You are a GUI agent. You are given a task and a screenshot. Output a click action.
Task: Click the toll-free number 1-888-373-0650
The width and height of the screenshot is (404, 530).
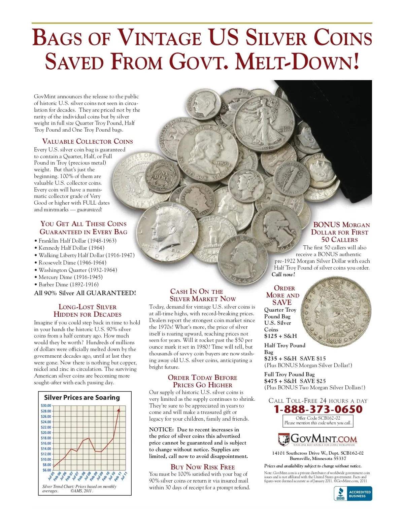point(318,409)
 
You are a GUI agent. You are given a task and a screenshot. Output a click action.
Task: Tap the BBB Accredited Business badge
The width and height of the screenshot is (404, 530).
point(353,494)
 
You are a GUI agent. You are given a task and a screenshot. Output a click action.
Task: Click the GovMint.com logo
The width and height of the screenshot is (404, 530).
point(317,439)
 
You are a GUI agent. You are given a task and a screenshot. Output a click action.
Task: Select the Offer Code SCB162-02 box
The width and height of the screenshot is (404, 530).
point(318,420)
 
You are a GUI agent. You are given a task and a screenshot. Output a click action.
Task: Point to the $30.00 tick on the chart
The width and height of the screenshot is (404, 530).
point(46,405)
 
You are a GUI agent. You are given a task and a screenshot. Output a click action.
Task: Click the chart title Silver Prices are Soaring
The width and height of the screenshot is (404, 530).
point(82,397)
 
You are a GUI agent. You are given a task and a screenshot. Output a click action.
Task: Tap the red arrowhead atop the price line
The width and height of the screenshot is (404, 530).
point(119,409)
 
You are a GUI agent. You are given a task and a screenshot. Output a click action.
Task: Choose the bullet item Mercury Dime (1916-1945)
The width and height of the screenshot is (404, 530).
point(70,277)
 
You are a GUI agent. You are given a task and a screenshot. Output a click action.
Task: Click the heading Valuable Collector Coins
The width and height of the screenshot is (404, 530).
point(88,141)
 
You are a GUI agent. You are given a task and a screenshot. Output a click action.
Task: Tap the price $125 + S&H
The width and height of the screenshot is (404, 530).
point(280,336)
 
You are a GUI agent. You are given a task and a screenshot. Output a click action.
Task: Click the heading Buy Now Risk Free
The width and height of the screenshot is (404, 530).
point(203,467)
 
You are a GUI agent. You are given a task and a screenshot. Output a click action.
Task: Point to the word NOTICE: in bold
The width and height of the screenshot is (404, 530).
point(161,430)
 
